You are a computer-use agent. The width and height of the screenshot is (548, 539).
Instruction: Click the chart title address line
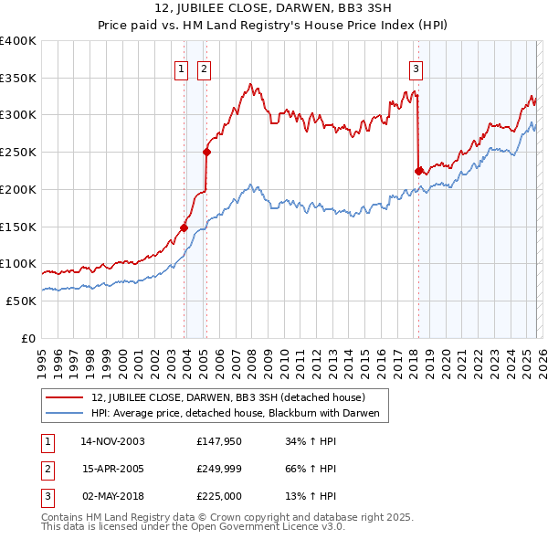pos(273,10)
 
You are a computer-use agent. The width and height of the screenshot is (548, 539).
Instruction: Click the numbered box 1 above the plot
pos(181,68)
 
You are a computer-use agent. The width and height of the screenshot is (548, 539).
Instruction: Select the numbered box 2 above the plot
pos(203,68)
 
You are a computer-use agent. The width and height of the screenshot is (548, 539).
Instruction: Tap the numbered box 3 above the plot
pos(416,68)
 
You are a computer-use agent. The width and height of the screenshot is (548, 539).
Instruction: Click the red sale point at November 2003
pos(184,227)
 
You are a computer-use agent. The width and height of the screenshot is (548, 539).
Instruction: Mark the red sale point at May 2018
pos(418,170)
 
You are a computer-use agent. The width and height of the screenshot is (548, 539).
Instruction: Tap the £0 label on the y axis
pos(29,338)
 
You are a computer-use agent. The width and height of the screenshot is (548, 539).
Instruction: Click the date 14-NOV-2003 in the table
pos(112,441)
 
